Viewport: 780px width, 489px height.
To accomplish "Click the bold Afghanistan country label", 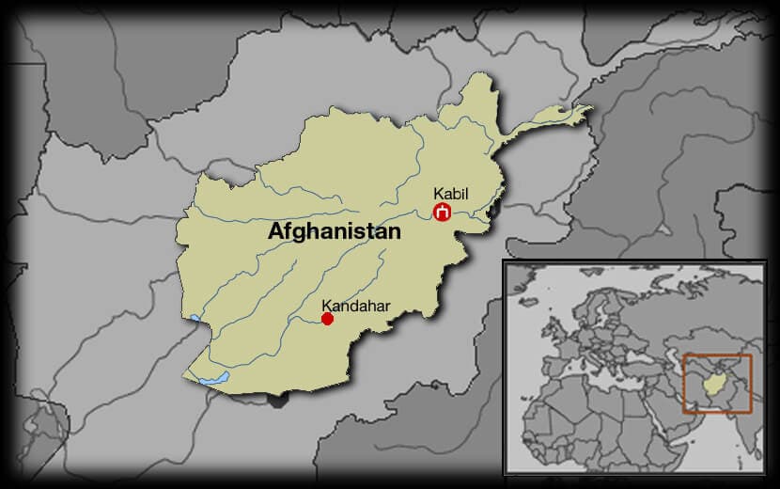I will click(x=335, y=231).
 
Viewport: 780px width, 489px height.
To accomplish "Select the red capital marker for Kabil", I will click(x=442, y=213).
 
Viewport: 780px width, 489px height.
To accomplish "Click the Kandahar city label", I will click(x=355, y=305).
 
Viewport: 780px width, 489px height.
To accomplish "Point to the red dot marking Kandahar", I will click(x=327, y=319).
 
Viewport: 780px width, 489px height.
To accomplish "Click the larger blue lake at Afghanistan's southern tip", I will click(x=214, y=379).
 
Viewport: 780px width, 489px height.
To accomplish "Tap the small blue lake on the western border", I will click(x=194, y=318).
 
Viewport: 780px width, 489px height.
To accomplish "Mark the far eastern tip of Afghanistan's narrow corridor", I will click(x=590, y=109).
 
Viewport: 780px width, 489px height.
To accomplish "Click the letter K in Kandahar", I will click(x=326, y=305).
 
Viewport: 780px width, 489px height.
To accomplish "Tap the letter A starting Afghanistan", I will click(x=276, y=231).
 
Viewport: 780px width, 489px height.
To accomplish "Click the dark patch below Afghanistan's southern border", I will click(x=276, y=400).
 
